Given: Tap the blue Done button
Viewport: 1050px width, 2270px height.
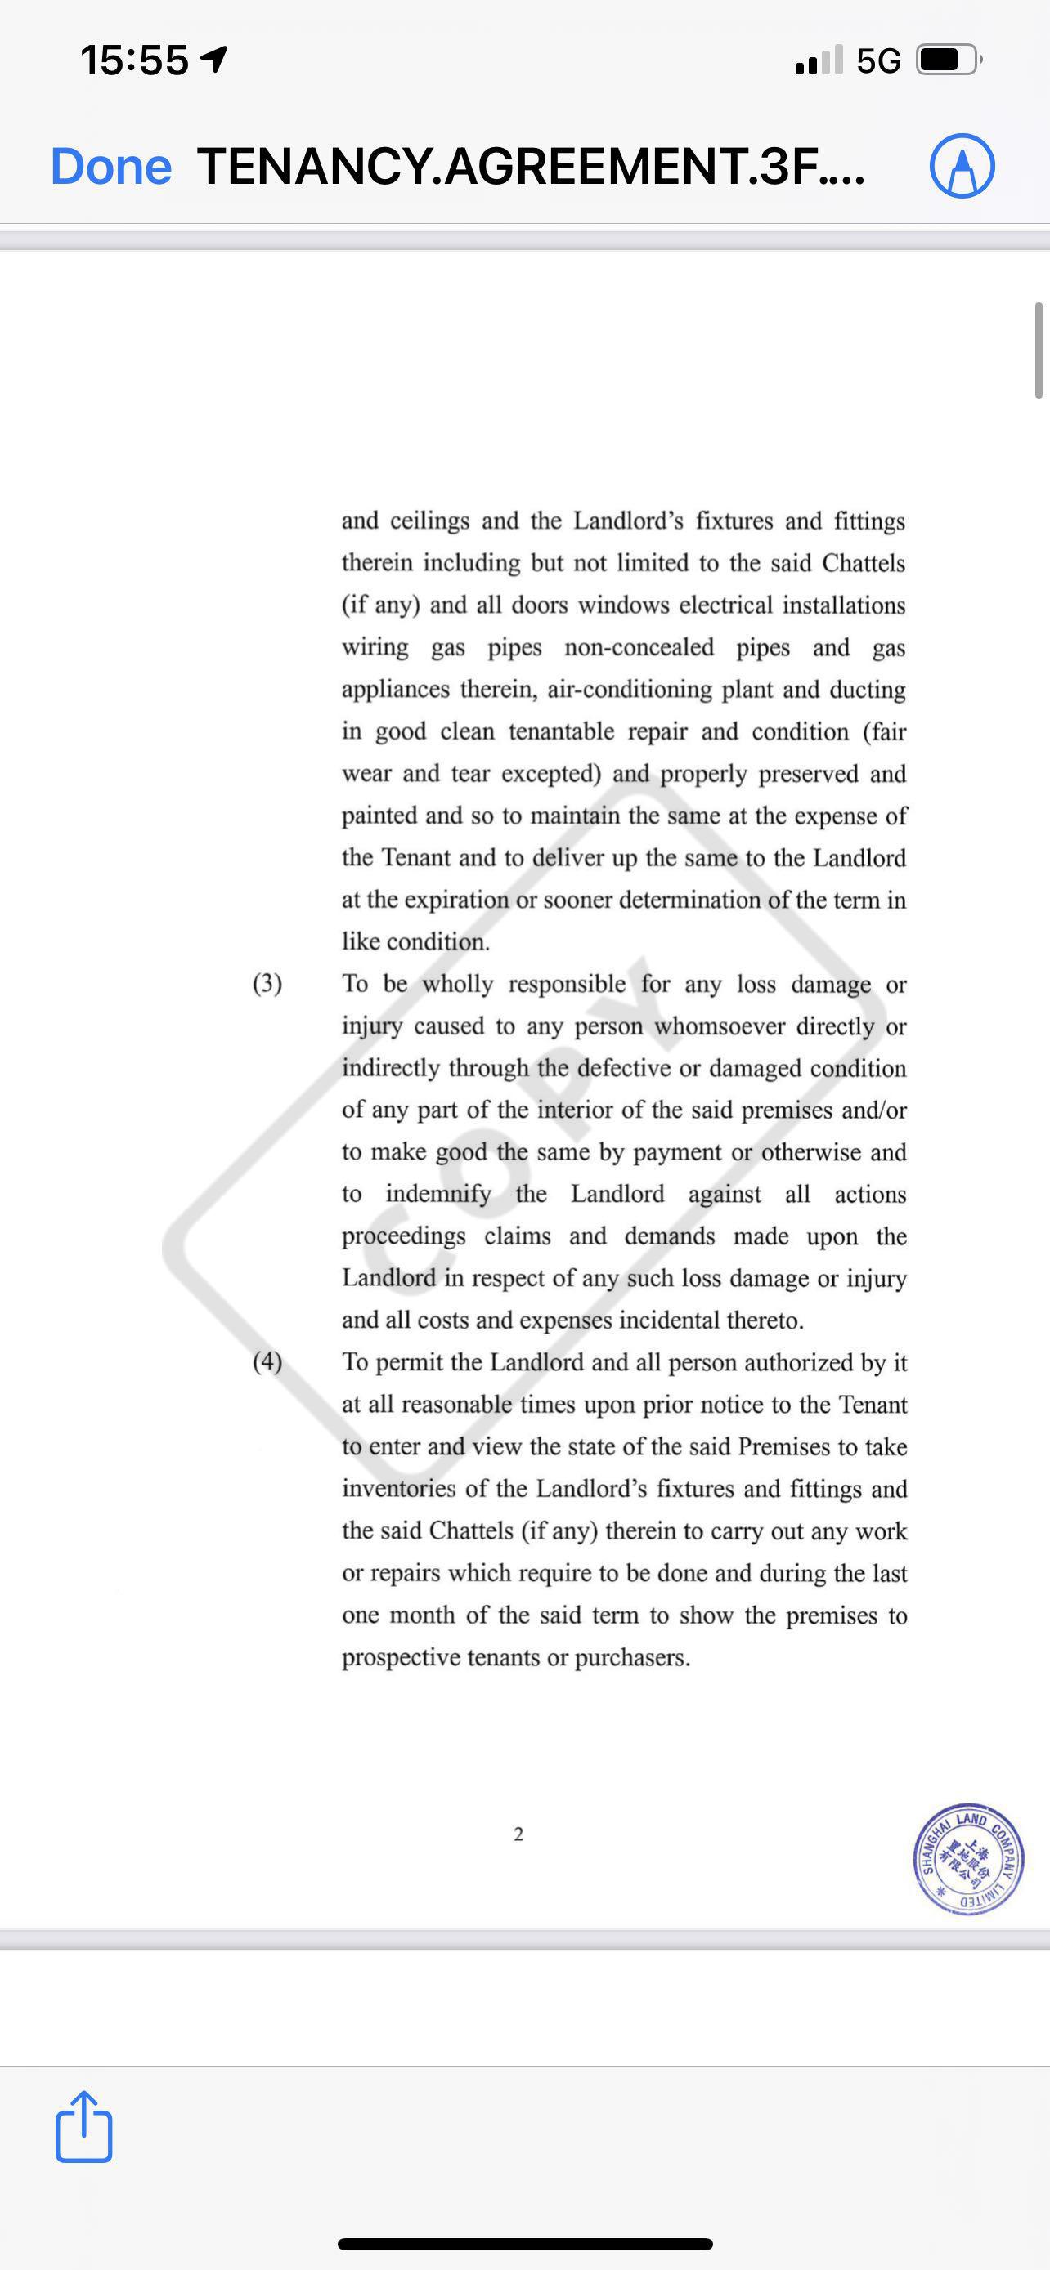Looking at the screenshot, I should [x=111, y=166].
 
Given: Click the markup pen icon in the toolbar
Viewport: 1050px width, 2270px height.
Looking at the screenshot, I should [x=962, y=166].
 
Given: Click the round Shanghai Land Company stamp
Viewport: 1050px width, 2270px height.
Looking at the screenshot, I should [x=968, y=1857].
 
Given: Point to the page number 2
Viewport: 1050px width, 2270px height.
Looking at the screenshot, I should [x=518, y=1834].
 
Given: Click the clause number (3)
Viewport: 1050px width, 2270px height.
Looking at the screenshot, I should [x=267, y=984].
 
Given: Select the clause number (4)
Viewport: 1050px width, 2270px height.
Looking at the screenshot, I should [x=267, y=1362].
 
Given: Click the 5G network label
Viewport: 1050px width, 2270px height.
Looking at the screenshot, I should [x=878, y=60].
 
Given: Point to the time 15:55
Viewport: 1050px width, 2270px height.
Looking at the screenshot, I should [x=134, y=60].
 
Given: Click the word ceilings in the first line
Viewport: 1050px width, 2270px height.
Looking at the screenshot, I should [x=429, y=521].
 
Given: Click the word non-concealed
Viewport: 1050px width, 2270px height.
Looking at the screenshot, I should [x=639, y=648].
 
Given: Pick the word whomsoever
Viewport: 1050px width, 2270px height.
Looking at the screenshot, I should [x=719, y=1026].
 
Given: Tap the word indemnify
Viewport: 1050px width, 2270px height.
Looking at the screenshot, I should [x=438, y=1194].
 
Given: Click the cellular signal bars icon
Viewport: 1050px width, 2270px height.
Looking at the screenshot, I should [x=818, y=60].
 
